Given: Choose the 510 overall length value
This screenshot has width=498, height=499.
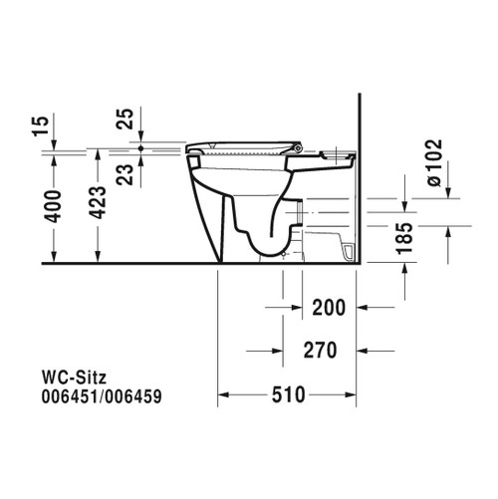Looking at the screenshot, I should coord(288,395).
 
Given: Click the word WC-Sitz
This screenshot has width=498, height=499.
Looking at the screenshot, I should coord(71,375).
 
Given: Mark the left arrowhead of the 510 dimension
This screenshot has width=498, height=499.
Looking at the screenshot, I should coord(224,395).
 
